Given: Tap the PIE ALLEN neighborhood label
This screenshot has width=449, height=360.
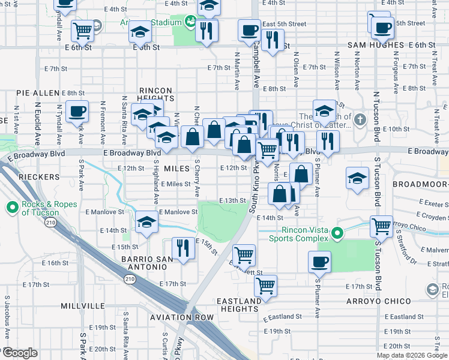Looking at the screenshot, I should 38,94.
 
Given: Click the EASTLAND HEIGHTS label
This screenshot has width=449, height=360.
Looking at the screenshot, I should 238,305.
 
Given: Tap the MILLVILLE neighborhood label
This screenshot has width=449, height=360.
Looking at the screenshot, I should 83,306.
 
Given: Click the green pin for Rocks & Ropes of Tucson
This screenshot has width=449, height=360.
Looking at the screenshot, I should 13,208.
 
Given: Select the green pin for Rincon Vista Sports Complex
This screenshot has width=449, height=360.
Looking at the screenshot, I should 338,233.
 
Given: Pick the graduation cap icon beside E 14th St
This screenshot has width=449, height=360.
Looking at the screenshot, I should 146,222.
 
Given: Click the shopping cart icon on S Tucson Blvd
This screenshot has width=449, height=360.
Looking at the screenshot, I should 381,226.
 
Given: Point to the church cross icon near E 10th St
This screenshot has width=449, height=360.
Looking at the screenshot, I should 360,119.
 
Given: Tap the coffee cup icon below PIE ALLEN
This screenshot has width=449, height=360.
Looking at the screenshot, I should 77,112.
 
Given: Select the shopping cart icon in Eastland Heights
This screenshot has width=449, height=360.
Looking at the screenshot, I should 265,286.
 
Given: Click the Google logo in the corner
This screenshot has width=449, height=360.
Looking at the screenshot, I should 20,353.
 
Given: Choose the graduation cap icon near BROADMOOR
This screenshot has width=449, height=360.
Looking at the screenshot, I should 357,178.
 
